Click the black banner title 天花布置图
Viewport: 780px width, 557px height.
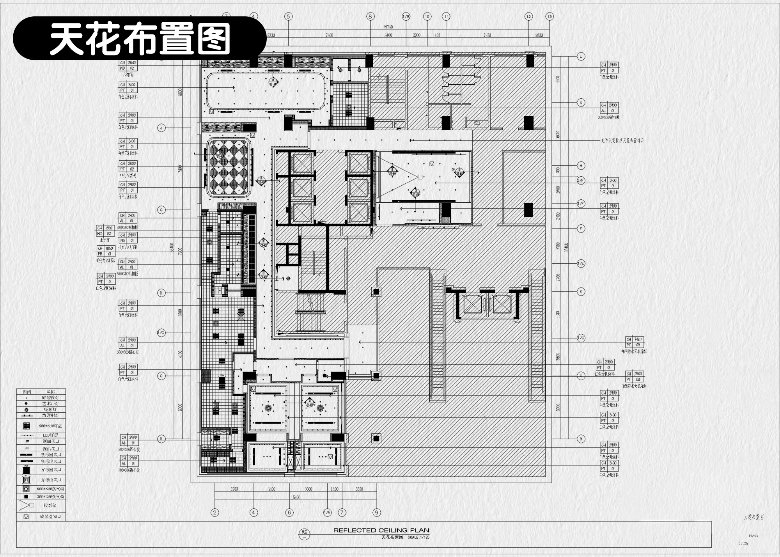140,38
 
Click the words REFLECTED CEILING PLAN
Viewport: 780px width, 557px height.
381,530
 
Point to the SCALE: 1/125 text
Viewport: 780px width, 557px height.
418,537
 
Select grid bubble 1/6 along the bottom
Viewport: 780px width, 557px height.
327,512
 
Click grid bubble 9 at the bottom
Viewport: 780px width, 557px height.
376,512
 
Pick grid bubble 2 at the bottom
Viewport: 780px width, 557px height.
214,512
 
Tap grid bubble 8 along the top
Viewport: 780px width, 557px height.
370,16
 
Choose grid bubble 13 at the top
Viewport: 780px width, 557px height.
550,16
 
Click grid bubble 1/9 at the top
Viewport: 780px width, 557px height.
406,16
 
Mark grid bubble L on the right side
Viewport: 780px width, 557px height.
581,56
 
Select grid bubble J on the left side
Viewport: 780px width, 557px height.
161,128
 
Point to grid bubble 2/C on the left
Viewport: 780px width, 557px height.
161,333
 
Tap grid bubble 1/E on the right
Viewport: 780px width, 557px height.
581,263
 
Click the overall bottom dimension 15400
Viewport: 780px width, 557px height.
295,497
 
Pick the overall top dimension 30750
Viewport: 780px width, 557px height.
388,27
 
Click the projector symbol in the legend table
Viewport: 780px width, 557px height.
26,506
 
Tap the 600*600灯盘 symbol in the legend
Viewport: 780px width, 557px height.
26,426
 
